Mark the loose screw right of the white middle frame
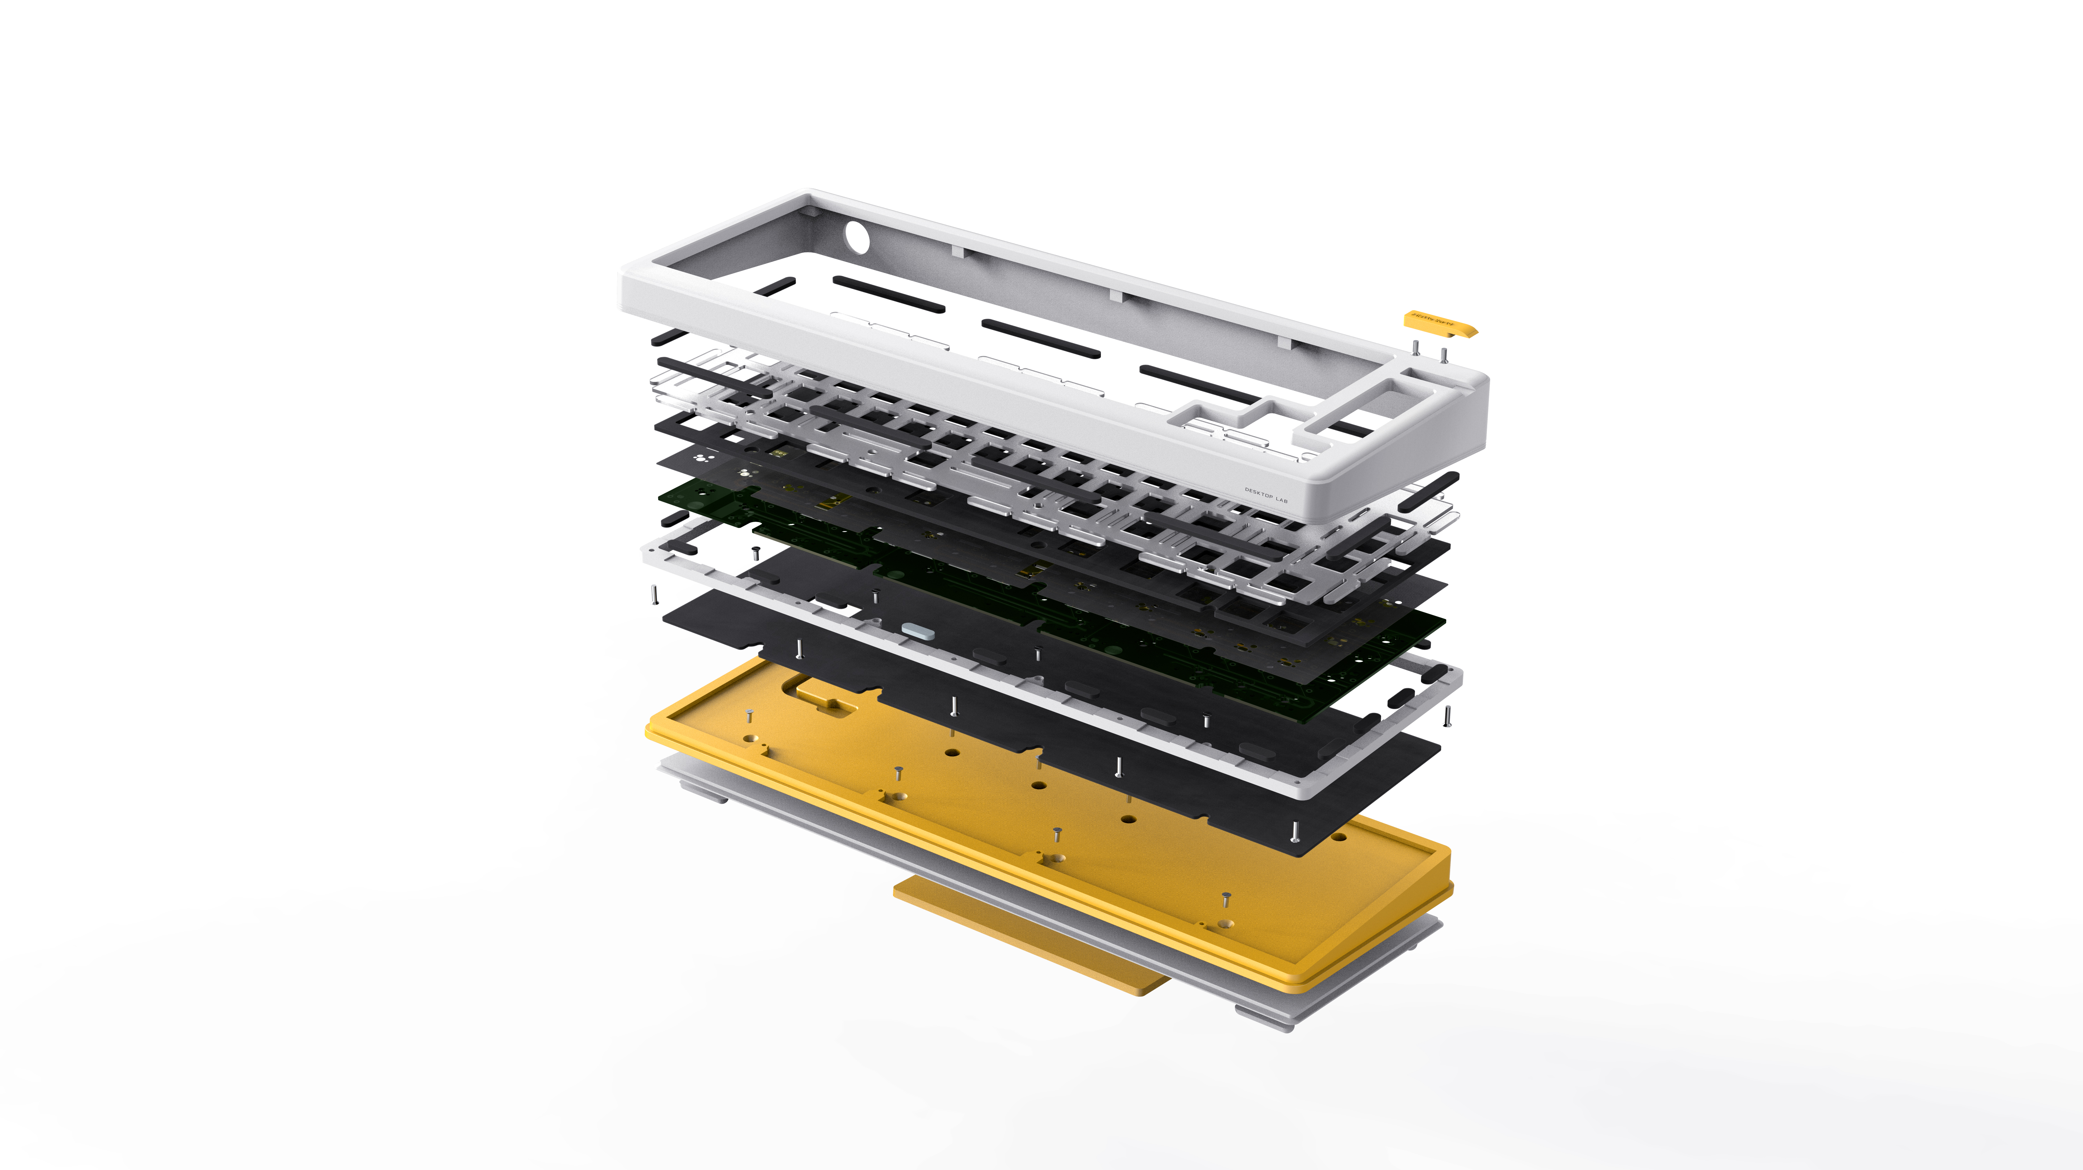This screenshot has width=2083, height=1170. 1447,716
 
